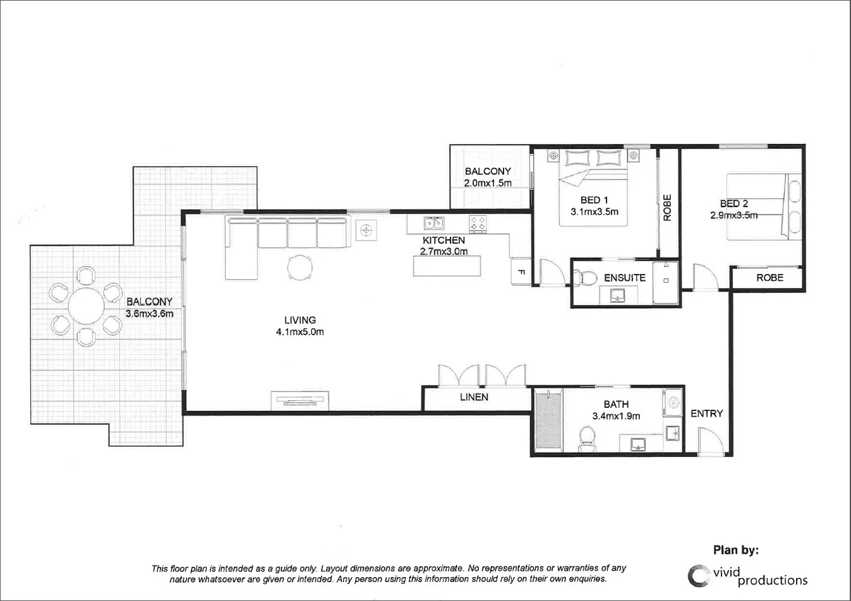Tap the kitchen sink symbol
(x=433, y=223)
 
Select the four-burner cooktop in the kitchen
(x=478, y=223)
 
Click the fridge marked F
(x=521, y=272)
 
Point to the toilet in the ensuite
(x=586, y=277)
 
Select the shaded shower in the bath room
(x=548, y=421)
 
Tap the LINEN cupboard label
(x=474, y=397)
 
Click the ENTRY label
(x=706, y=414)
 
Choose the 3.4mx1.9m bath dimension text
(x=616, y=416)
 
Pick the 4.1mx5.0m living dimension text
(x=299, y=332)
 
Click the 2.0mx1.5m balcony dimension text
(x=488, y=183)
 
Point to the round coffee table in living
(x=300, y=267)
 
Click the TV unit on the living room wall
(x=300, y=400)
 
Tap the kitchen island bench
(x=447, y=265)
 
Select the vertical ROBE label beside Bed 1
(x=668, y=207)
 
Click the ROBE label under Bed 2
(x=770, y=278)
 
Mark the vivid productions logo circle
(x=698, y=575)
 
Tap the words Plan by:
(x=736, y=550)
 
